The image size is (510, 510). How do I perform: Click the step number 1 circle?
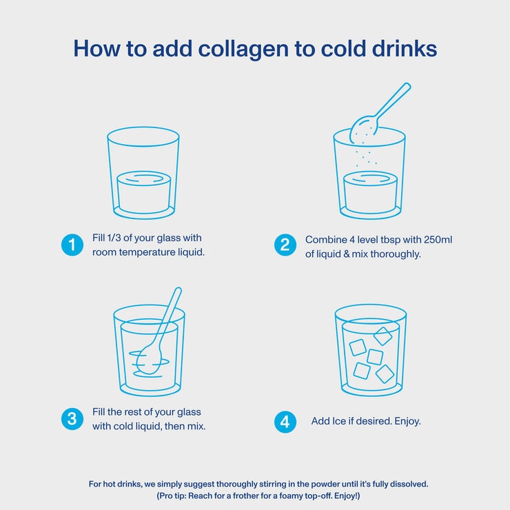[72, 245]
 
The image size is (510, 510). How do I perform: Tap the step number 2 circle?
[285, 245]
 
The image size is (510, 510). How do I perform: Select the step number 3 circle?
[72, 419]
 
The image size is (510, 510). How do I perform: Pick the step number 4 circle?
[285, 422]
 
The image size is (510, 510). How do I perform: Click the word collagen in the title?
[243, 50]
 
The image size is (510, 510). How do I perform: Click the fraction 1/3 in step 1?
[114, 238]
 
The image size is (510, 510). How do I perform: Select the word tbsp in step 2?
[390, 241]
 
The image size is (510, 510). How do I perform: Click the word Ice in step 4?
[339, 421]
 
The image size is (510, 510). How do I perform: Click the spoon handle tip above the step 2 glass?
[407, 86]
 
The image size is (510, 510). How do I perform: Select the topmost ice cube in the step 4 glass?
[382, 336]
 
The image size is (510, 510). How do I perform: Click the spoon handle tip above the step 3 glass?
[178, 290]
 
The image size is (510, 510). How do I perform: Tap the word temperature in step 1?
[147, 252]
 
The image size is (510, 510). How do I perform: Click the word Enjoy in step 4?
[406, 422]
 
